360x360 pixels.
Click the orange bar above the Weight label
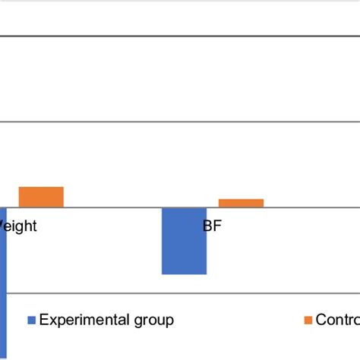pyautogui.click(x=41, y=197)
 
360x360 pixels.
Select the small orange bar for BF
pyautogui.click(x=241, y=203)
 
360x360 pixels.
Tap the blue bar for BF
pyautogui.click(x=184, y=240)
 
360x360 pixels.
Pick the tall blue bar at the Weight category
pyautogui.click(x=3, y=281)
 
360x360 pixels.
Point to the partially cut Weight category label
pyautogui.click(x=17, y=226)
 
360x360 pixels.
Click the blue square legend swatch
pyautogui.click(x=31, y=321)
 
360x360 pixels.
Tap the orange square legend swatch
pyautogui.click(x=308, y=321)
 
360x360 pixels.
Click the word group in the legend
pyautogui.click(x=151, y=321)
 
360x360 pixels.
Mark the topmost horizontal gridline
pyautogui.click(x=180, y=35)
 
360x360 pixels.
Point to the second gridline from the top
pyautogui.click(x=180, y=121)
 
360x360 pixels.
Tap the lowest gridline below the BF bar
pyautogui.click(x=180, y=292)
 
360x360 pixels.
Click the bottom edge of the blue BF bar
pyautogui.click(x=184, y=274)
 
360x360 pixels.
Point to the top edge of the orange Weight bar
pyautogui.click(x=41, y=187)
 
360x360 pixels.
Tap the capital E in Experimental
pyautogui.click(x=43, y=320)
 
